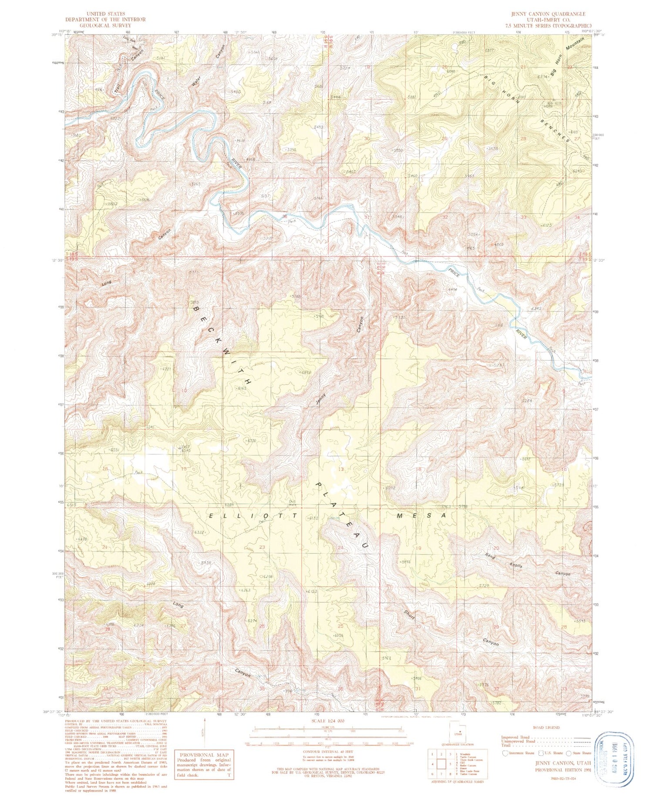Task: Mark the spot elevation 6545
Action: tap(186, 450)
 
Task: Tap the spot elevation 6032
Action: tap(390, 488)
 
